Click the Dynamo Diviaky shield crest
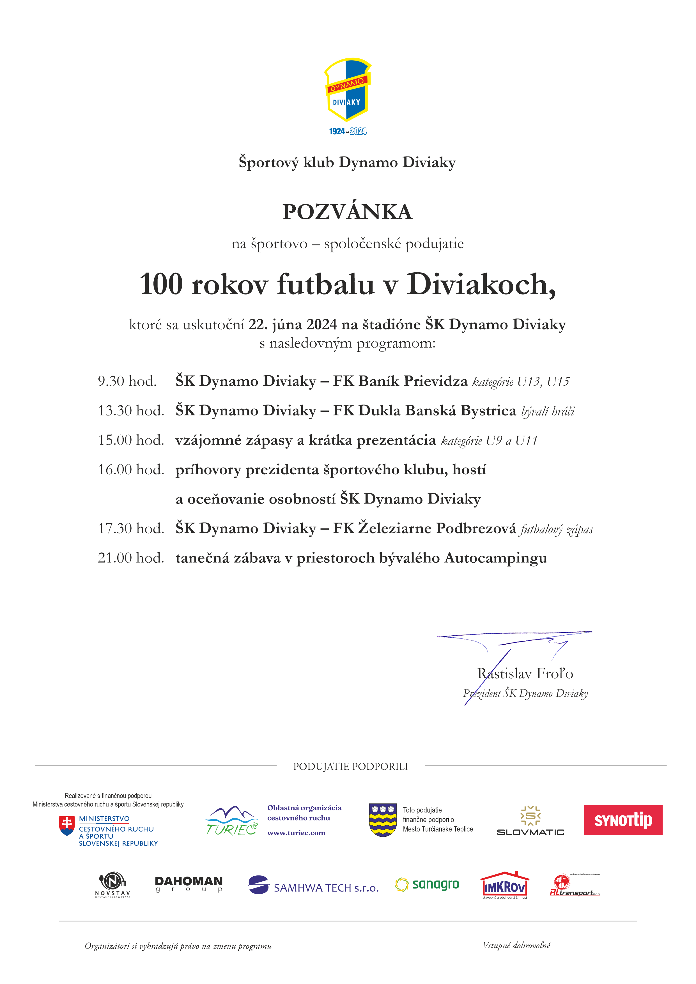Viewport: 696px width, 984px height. (x=347, y=90)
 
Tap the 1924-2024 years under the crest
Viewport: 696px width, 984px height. (x=348, y=131)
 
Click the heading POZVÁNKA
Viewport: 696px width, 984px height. (x=347, y=212)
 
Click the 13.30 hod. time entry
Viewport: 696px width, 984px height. (x=131, y=411)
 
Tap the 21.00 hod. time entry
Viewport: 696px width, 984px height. (x=131, y=558)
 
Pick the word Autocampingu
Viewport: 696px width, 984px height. (x=496, y=558)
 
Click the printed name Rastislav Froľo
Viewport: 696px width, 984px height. (x=525, y=673)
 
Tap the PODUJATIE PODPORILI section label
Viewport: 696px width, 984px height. (x=350, y=766)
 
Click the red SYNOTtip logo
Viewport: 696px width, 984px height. (x=623, y=820)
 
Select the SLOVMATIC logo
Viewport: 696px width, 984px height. (x=530, y=821)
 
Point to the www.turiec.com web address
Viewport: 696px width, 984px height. (x=296, y=833)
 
